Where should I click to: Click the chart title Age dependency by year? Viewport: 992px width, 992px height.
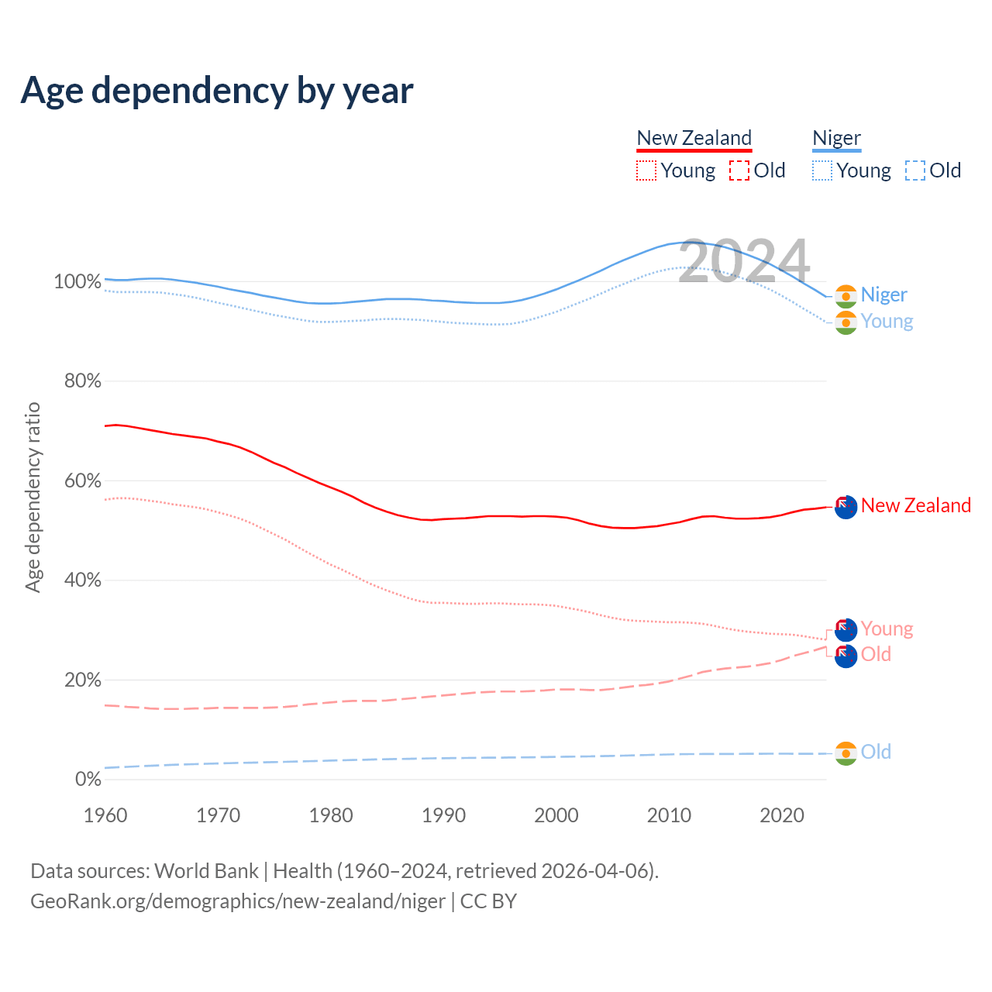217,91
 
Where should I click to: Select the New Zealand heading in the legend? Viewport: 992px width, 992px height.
694,138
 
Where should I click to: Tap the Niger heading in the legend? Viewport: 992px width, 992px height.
836,138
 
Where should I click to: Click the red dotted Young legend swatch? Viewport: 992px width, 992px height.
646,170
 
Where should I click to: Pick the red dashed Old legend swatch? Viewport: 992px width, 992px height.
739,170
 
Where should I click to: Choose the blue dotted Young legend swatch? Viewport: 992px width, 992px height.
822,170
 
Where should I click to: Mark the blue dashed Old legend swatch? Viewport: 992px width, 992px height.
915,170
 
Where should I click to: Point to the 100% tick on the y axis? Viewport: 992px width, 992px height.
77,281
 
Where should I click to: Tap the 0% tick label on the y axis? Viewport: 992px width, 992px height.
88,779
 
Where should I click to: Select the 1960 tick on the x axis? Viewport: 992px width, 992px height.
105,815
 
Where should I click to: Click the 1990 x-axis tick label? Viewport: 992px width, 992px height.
443,815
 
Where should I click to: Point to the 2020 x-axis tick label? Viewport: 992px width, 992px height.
782,815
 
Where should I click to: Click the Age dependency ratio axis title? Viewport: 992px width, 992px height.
33,497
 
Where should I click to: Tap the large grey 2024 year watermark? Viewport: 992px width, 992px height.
744,261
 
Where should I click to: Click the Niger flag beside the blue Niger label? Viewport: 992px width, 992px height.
846,295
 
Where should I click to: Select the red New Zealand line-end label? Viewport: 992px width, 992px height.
915,505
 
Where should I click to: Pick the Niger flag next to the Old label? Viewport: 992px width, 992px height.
846,753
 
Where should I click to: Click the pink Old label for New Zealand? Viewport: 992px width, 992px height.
876,654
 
